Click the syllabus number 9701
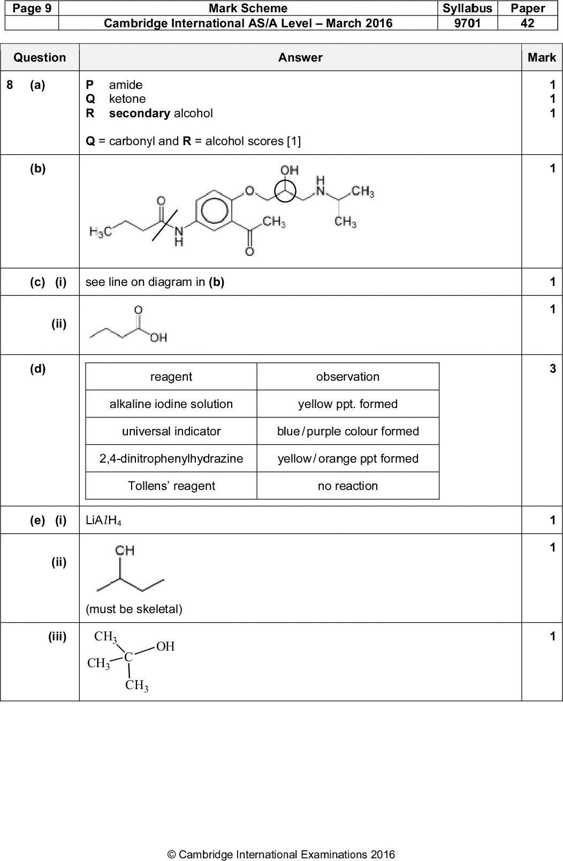(467, 23)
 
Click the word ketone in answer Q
(127, 99)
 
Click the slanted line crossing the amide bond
(164, 224)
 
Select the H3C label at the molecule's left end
(100, 232)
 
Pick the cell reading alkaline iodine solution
(171, 404)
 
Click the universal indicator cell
(171, 431)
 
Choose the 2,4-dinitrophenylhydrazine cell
(171, 458)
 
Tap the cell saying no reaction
(348, 486)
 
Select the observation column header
(348, 376)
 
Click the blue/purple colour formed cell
(348, 431)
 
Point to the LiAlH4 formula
(103, 520)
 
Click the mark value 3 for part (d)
(552, 368)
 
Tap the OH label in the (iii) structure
(165, 646)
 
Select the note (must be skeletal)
(134, 609)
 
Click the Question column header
(40, 57)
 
